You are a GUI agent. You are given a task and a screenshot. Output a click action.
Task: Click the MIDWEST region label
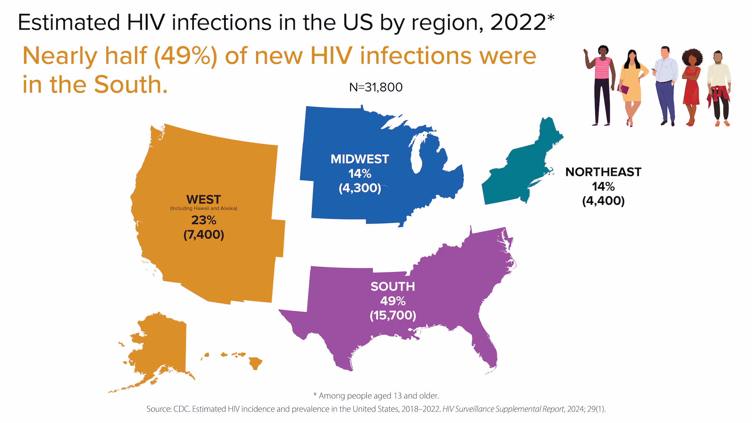point(359,159)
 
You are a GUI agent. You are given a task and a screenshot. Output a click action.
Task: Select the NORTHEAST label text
point(603,172)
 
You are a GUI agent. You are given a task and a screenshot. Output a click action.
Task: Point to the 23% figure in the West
point(203,220)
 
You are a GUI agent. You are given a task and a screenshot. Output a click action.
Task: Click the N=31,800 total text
point(376,87)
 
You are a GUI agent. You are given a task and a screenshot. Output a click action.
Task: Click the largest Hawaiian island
point(256,363)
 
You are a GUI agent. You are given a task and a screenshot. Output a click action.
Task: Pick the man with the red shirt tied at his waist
point(719,88)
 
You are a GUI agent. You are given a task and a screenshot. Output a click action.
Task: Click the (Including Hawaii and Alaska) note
point(203,209)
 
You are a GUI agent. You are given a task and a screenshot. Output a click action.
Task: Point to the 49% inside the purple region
point(393,301)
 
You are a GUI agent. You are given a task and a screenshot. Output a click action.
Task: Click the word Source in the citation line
point(158,409)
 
